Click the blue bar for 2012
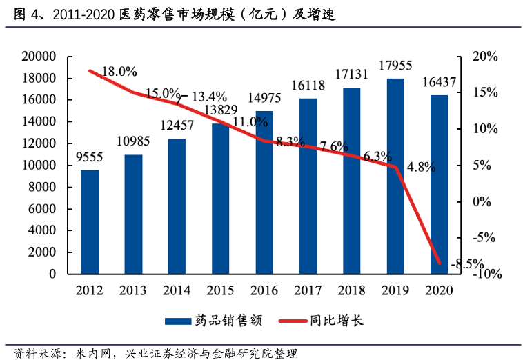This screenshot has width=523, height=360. [90, 222]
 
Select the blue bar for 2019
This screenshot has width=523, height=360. [395, 177]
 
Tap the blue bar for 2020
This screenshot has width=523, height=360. [439, 185]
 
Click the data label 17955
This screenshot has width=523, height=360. [395, 66]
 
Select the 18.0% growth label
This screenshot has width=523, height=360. [119, 71]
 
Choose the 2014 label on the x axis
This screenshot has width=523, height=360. [177, 290]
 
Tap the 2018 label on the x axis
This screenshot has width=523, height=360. [351, 290]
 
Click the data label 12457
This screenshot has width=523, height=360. [177, 126]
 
